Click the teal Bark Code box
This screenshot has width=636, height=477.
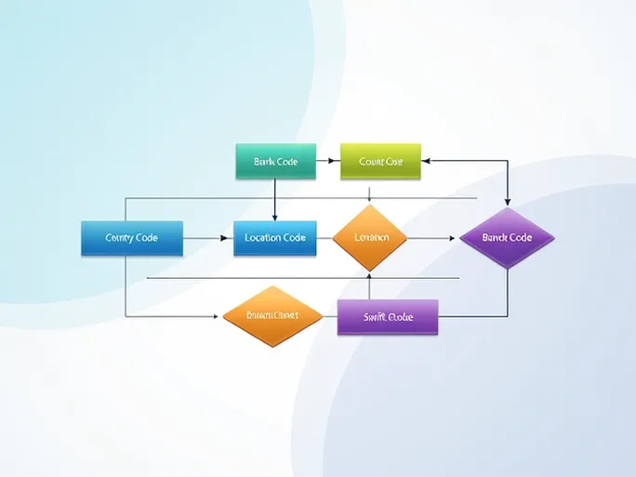(275, 161)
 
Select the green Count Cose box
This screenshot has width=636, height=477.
(380, 161)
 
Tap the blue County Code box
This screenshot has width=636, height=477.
(131, 238)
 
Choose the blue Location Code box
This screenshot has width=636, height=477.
(275, 238)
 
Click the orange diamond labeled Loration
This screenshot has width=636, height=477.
(370, 238)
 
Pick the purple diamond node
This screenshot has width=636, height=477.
(507, 238)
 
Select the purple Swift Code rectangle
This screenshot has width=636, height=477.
(387, 317)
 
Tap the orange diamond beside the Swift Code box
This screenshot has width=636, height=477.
(272, 316)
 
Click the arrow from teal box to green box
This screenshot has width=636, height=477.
(328, 161)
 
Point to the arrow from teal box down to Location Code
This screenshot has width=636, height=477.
(275, 199)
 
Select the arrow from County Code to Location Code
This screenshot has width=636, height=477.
(206, 238)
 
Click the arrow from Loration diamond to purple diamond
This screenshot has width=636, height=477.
(433, 238)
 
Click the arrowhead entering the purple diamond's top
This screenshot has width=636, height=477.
(507, 201)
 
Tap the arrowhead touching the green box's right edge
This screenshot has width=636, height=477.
(427, 161)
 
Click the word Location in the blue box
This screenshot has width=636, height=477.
(264, 238)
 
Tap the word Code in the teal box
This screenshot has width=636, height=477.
(286, 161)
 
